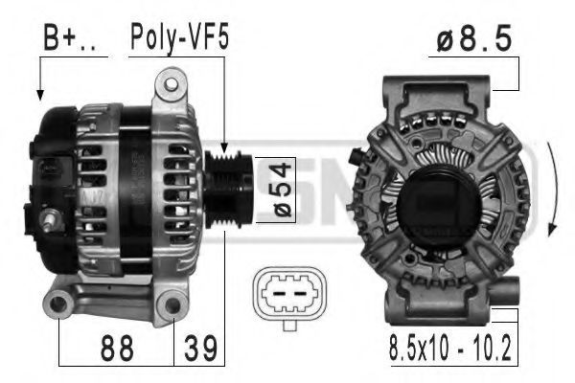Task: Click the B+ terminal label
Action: point(70,37)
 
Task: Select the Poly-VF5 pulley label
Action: point(180,38)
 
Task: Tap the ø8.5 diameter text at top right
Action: point(473,38)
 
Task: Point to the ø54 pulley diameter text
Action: point(283,191)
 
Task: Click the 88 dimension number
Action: point(117,349)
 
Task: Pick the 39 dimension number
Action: point(200,349)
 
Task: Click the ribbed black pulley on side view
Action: point(228,190)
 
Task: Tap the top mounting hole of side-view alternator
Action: point(172,84)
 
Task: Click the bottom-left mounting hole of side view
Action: point(57,304)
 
